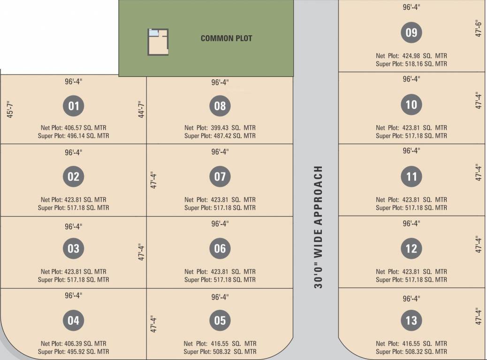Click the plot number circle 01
pyautogui.click(x=74, y=106)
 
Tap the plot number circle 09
pyautogui.click(x=411, y=33)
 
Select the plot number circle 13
pyautogui.click(x=411, y=321)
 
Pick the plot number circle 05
pyautogui.click(x=220, y=321)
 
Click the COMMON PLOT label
pyautogui.click(x=226, y=38)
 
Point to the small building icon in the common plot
pyautogui.click(x=158, y=42)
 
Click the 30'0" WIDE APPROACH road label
pyautogui.click(x=319, y=227)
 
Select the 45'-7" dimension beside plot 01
pyautogui.click(x=10, y=110)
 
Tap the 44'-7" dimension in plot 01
pyautogui.click(x=141, y=110)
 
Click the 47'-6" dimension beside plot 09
pyautogui.click(x=479, y=29)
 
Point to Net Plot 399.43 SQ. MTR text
pyautogui.click(x=220, y=127)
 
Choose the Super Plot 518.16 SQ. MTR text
pyautogui.click(x=411, y=64)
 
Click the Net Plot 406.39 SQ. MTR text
pyautogui.click(x=74, y=344)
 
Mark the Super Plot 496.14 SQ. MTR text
pyautogui.click(x=74, y=136)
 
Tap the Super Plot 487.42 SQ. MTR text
pyautogui.click(x=220, y=136)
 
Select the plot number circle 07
pyautogui.click(x=220, y=177)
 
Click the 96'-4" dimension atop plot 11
pyautogui.click(x=411, y=150)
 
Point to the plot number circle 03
pyautogui.click(x=74, y=248)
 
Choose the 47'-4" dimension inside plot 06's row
pyautogui.click(x=141, y=252)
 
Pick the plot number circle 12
pyautogui.click(x=411, y=248)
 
